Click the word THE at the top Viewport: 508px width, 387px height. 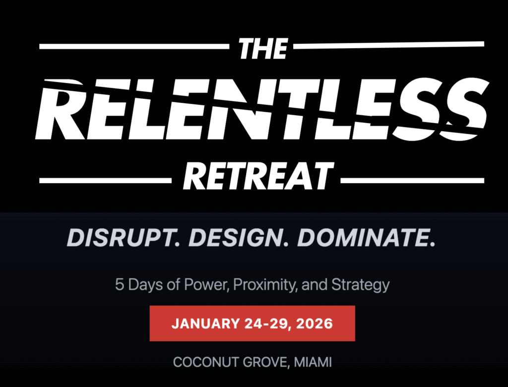[263, 49]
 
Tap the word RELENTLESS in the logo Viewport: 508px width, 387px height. [262, 109]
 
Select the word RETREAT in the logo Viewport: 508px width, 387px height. [258, 176]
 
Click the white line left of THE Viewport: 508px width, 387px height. [134, 46]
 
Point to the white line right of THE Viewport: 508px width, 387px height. [389, 45]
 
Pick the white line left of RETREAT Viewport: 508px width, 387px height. [105, 180]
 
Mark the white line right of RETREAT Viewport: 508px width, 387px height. [412, 180]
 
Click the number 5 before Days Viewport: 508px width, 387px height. [120, 285]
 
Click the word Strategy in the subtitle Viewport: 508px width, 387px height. [360, 286]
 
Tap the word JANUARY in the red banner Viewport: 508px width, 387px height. [206, 324]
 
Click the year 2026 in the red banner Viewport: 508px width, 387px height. [314, 324]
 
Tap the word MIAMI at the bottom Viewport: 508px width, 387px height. [313, 362]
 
